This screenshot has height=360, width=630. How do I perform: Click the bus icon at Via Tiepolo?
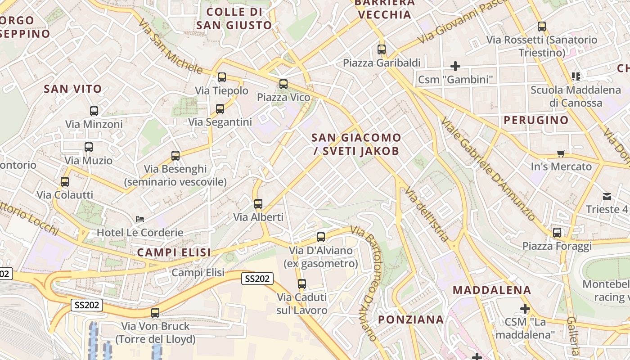click(221, 77)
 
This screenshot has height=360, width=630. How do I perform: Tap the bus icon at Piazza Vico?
click(283, 84)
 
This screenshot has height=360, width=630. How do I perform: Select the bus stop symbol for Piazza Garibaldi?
click(382, 49)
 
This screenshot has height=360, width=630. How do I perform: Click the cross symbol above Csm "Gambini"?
click(455, 67)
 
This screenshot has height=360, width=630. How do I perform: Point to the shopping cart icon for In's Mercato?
click(561, 154)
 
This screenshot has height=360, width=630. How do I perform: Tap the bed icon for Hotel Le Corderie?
click(140, 219)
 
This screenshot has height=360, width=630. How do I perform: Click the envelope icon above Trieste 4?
click(607, 196)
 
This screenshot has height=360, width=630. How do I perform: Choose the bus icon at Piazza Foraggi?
click(557, 233)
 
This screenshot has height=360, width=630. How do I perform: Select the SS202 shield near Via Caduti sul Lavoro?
click(257, 279)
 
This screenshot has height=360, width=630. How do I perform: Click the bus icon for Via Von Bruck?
click(155, 313)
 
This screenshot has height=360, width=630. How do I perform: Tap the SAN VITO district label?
click(73, 89)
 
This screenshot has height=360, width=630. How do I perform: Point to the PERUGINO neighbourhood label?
click(536, 120)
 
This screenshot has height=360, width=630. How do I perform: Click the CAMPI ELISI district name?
click(174, 252)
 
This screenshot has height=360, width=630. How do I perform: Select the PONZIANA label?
click(411, 319)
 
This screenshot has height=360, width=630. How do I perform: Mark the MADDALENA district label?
click(492, 290)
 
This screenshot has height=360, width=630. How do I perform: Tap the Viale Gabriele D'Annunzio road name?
click(489, 169)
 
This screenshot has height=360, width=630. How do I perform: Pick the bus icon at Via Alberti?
click(258, 204)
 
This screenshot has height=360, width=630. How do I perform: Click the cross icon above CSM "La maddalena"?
click(525, 309)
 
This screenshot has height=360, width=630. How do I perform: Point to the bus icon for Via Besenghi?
click(175, 156)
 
